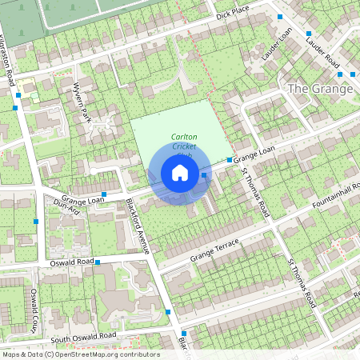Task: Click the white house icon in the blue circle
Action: [x=180, y=173]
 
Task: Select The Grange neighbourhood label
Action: [x=320, y=88]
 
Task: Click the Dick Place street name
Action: [x=233, y=14]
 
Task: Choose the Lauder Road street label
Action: [x=323, y=52]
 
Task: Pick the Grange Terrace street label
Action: [x=216, y=252]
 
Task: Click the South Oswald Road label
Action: [x=83, y=338]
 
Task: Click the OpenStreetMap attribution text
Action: [x=80, y=354]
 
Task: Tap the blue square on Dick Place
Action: [x=279, y=17]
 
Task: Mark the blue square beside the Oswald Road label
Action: [x=98, y=262]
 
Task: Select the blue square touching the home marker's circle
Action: [x=205, y=174]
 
